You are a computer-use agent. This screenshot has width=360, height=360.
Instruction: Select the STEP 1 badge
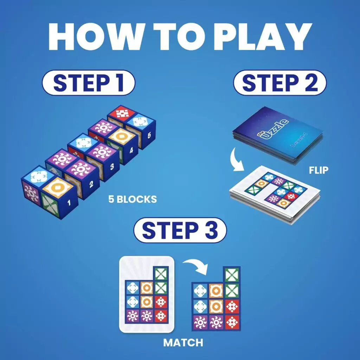(x=88, y=83)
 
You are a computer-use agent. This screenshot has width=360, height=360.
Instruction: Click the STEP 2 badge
(x=280, y=83)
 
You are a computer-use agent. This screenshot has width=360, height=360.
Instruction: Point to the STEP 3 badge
(x=180, y=231)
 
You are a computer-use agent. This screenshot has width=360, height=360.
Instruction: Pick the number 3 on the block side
(x=112, y=166)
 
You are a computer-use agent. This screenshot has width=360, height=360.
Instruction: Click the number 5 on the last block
(x=149, y=135)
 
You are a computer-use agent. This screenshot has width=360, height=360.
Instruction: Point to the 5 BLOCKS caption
(x=133, y=199)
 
